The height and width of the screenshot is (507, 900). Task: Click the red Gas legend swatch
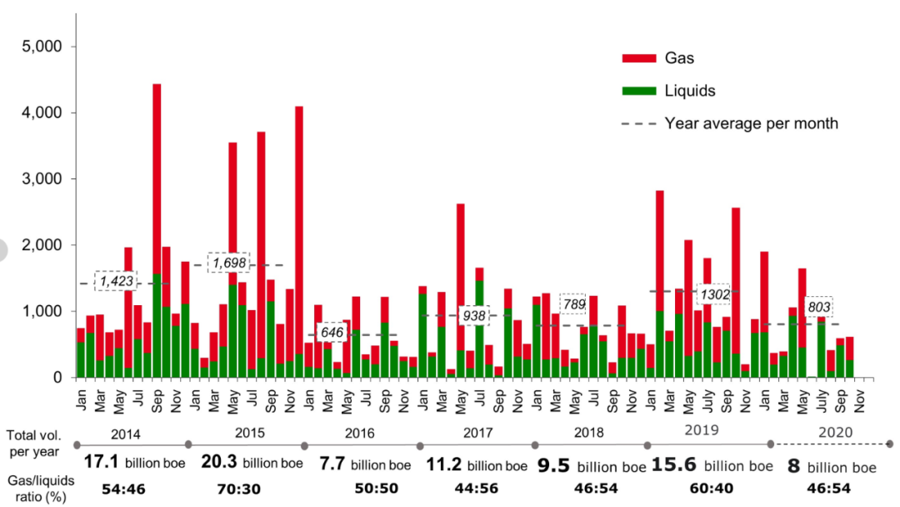pos(638,58)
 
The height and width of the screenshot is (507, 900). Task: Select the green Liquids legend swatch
pos(638,91)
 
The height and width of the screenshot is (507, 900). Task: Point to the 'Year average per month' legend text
pos(751,123)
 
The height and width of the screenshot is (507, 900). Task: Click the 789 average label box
pos(573,304)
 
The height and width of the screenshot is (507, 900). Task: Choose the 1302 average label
pos(714,294)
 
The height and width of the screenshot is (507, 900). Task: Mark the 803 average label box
pos(818,307)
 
